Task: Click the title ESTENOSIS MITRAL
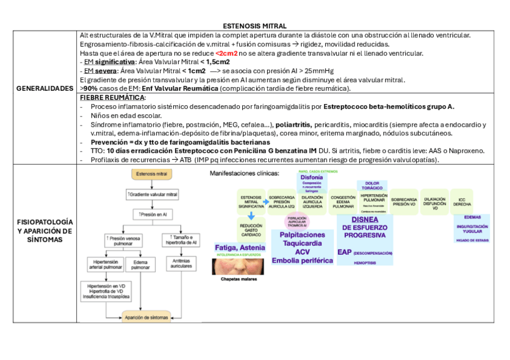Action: [x=254, y=26]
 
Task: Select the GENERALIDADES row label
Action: [x=46, y=88]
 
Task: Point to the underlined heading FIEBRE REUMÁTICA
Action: [x=112, y=97]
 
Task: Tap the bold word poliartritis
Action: [x=293, y=124]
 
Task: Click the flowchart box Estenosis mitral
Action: [x=152, y=174]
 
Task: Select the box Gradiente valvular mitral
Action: [x=152, y=195]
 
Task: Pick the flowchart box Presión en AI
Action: [x=152, y=214]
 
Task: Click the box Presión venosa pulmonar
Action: [x=123, y=241]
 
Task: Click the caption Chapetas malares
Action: [x=238, y=279]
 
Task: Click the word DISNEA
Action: [x=364, y=220]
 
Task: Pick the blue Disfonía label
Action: [x=311, y=177]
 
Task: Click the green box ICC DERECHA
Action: [x=462, y=202]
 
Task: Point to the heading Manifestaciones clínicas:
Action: [x=244, y=174]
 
